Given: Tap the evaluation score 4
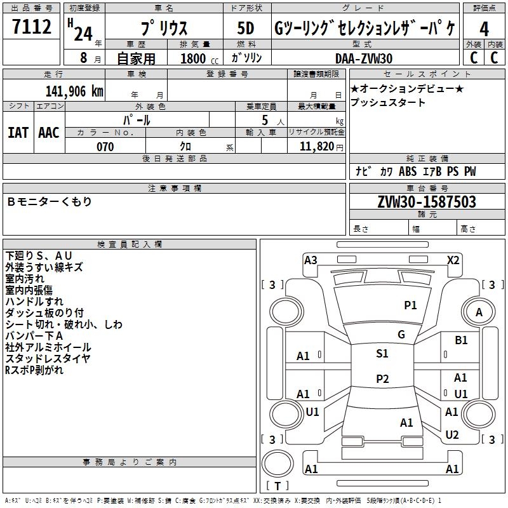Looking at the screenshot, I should coord(485,29).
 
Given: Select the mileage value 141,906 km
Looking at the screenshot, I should coord(74,91).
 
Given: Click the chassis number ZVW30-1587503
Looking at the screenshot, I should coord(427,203).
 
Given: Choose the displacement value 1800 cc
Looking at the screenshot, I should coord(196,58).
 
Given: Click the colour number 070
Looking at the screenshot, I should coord(105,147).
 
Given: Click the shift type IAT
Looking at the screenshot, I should coord(18,132).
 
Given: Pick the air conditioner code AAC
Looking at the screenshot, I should coord(49,132).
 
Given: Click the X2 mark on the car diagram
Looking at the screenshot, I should coord(453,260).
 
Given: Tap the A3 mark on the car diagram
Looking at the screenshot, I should coord(311,260).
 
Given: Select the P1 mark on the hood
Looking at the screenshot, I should coord(411,305).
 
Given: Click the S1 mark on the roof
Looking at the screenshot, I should coord(382,354).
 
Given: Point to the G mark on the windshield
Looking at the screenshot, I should coord(401,335).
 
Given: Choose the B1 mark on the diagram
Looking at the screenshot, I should coord(461,340).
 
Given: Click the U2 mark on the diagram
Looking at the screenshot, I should coord(452,435).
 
